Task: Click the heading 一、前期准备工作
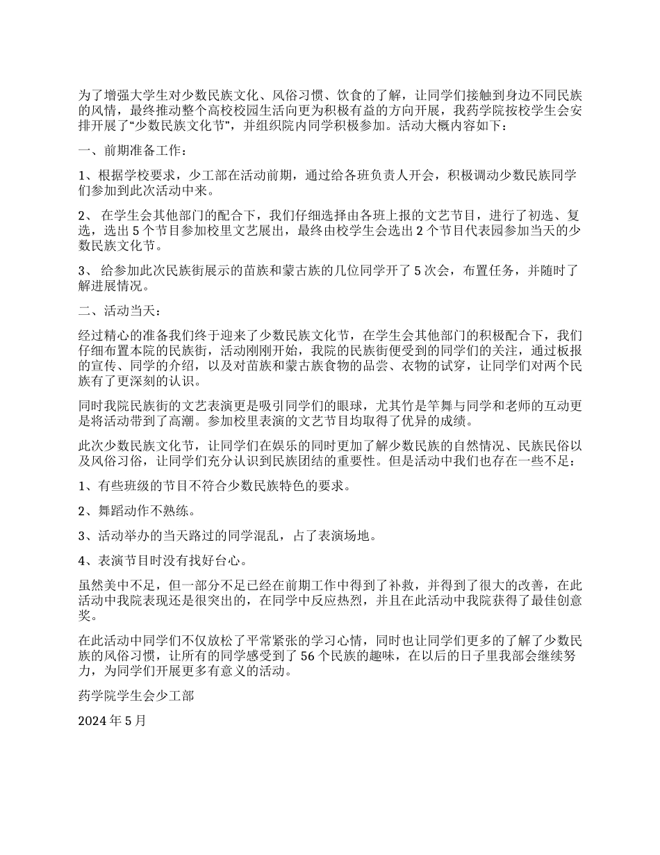tap(132, 151)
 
